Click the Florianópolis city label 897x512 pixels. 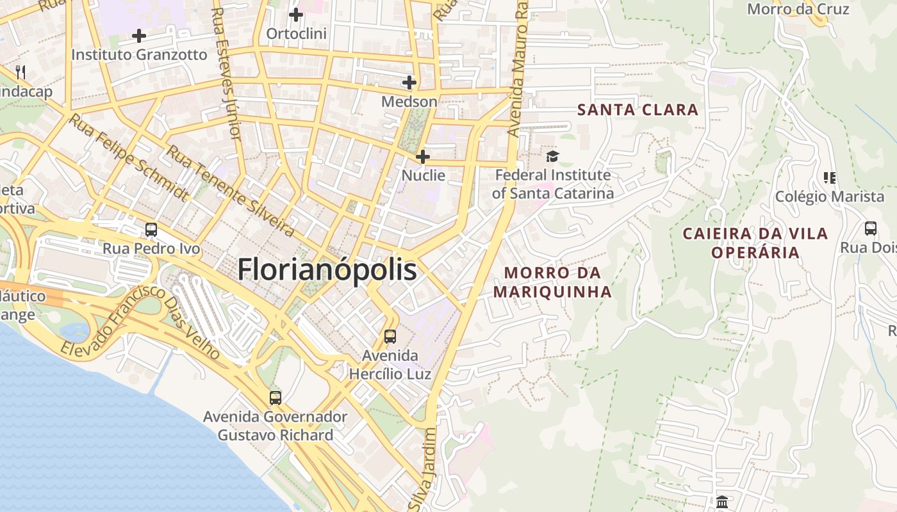pos(327,269)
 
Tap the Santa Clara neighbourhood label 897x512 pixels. pos(638,109)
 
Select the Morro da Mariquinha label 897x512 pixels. pos(552,282)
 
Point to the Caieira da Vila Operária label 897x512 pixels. pos(755,243)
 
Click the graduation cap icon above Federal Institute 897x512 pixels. pos(552,156)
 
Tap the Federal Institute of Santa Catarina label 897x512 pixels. pos(552,184)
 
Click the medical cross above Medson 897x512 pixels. pos(409,83)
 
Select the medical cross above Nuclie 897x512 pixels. pos(423,157)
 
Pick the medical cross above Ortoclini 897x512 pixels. pos(296,14)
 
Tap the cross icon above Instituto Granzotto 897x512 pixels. pos(139,36)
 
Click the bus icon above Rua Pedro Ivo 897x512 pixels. pos(151,230)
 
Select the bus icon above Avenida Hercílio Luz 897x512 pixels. pos(390,337)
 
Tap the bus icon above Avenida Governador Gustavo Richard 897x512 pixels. pos(276,398)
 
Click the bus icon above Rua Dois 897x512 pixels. pos(871,228)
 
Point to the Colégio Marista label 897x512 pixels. pos(830,196)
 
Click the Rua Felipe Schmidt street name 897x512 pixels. pos(129,157)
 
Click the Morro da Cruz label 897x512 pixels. pos(798,9)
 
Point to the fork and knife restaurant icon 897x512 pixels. pos(21,72)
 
